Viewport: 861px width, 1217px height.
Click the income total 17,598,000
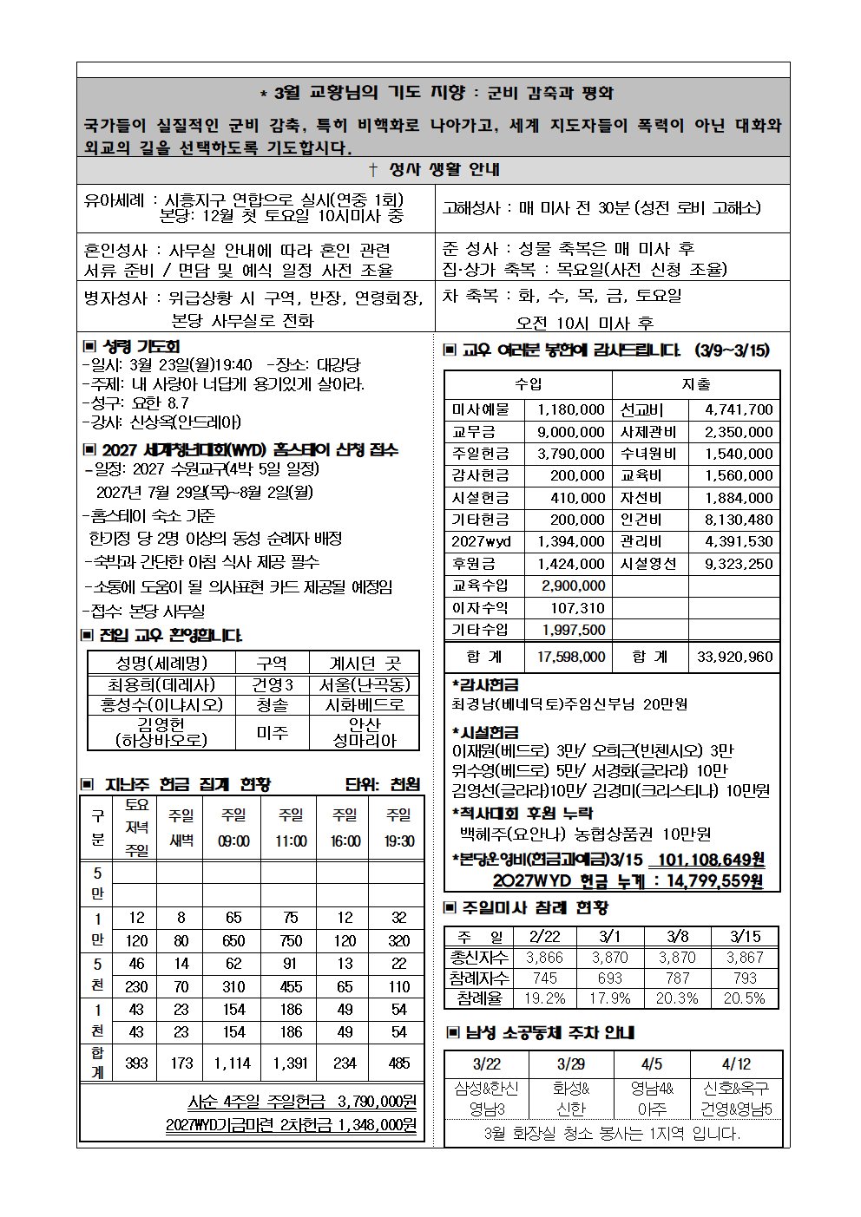coord(570,657)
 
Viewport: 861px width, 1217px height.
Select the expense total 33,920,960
coord(734,657)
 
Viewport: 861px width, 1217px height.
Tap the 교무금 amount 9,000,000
coord(570,432)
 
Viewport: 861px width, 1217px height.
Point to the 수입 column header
coord(528,384)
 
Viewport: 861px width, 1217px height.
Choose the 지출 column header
coord(695,384)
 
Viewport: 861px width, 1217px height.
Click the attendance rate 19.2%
coord(544,998)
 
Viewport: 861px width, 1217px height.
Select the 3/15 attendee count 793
coord(744,978)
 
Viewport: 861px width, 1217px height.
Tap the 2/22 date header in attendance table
coord(544,937)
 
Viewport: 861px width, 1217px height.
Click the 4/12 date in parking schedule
coord(736,1064)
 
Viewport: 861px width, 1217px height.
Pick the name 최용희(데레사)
coord(161,684)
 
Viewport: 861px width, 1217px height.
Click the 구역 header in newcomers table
coord(272,664)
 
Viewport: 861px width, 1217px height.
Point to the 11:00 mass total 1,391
coord(290,1063)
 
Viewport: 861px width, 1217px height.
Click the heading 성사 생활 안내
coord(434,170)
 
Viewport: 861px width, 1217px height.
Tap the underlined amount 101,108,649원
coord(711,860)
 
